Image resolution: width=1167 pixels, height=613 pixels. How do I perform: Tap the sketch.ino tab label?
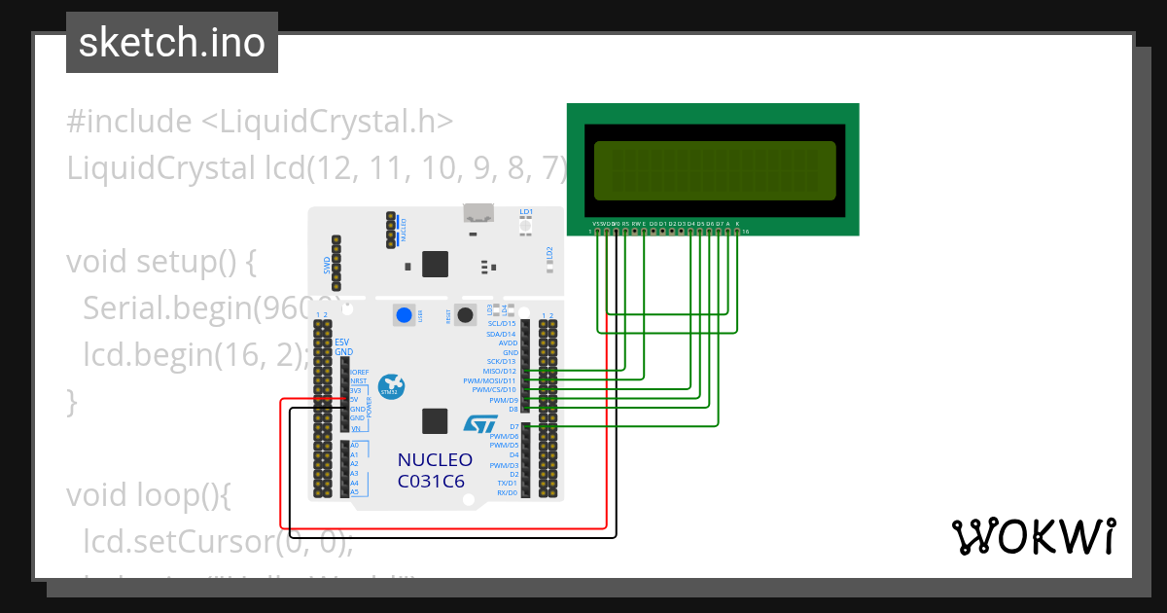[x=172, y=43]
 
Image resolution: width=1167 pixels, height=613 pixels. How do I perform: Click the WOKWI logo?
[x=1033, y=536]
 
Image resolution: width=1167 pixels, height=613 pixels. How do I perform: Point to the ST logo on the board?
[x=480, y=425]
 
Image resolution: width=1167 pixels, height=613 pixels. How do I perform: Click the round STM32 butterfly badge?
[x=392, y=385]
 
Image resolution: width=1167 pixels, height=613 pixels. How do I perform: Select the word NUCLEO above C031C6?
[x=435, y=460]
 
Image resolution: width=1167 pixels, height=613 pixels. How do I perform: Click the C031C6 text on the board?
[x=431, y=481]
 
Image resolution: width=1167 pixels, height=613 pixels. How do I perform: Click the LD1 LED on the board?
[x=526, y=226]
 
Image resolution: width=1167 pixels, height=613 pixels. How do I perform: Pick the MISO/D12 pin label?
[x=499, y=371]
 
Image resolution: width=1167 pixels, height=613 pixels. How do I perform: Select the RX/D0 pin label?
[x=507, y=492]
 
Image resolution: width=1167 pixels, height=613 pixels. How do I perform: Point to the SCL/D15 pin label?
[x=501, y=324]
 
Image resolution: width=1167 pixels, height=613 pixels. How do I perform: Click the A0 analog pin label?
[x=354, y=445]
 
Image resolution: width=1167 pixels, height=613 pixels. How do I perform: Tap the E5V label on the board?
[x=341, y=343]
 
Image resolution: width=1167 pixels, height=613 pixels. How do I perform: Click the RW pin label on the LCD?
[x=635, y=224]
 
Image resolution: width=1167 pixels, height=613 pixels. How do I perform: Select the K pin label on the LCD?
[x=736, y=224]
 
